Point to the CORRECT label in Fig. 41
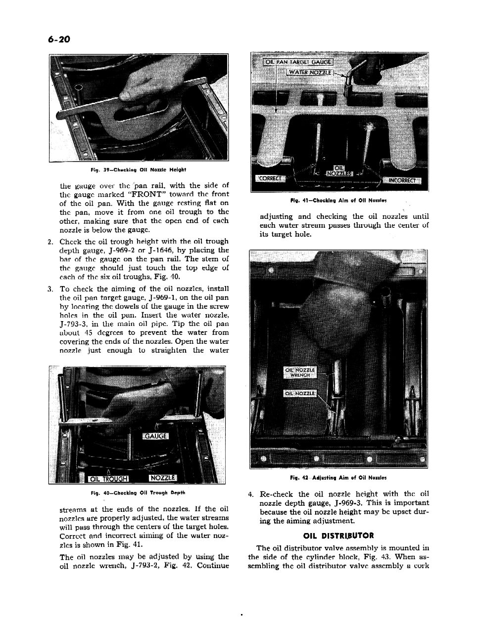tap(269, 178)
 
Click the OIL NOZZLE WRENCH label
tap(300, 372)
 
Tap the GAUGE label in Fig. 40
tap(156, 436)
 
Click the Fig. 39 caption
tap(138, 169)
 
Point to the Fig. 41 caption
tap(338, 201)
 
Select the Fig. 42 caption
tap(338, 478)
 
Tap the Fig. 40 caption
tap(138, 493)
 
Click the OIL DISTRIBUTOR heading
tap(338, 536)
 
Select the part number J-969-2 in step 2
tap(127, 250)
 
